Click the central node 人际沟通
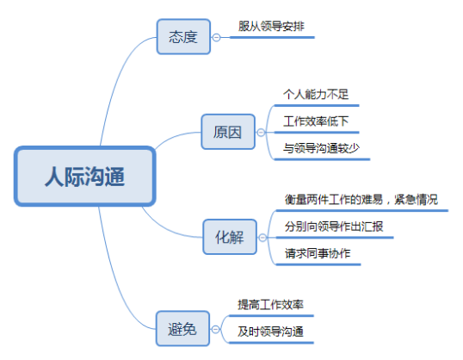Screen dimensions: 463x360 tap(85, 177)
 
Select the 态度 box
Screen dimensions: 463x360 tap(183, 37)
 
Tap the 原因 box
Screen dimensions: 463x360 tap(228, 132)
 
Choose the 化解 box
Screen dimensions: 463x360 tap(230, 237)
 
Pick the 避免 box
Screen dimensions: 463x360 tap(182, 328)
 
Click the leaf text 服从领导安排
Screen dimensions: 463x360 tap(271, 27)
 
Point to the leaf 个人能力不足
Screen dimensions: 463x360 tap(316, 94)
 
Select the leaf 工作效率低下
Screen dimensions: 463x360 tap(316, 121)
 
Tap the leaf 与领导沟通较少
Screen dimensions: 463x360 tap(321, 148)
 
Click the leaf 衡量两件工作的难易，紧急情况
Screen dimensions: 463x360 tap(361, 200)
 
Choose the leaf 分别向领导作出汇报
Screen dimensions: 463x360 tap(334, 227)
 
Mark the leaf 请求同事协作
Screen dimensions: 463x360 tap(318, 253)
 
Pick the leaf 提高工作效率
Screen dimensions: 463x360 tap(270, 304)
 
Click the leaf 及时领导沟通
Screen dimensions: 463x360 tap(270, 332)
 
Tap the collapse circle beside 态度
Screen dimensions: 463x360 tap(217, 38)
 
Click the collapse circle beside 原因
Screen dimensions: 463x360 tap(261, 133)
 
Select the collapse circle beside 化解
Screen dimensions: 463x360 tap(262, 238)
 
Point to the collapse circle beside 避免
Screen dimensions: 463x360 tap(215, 329)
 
